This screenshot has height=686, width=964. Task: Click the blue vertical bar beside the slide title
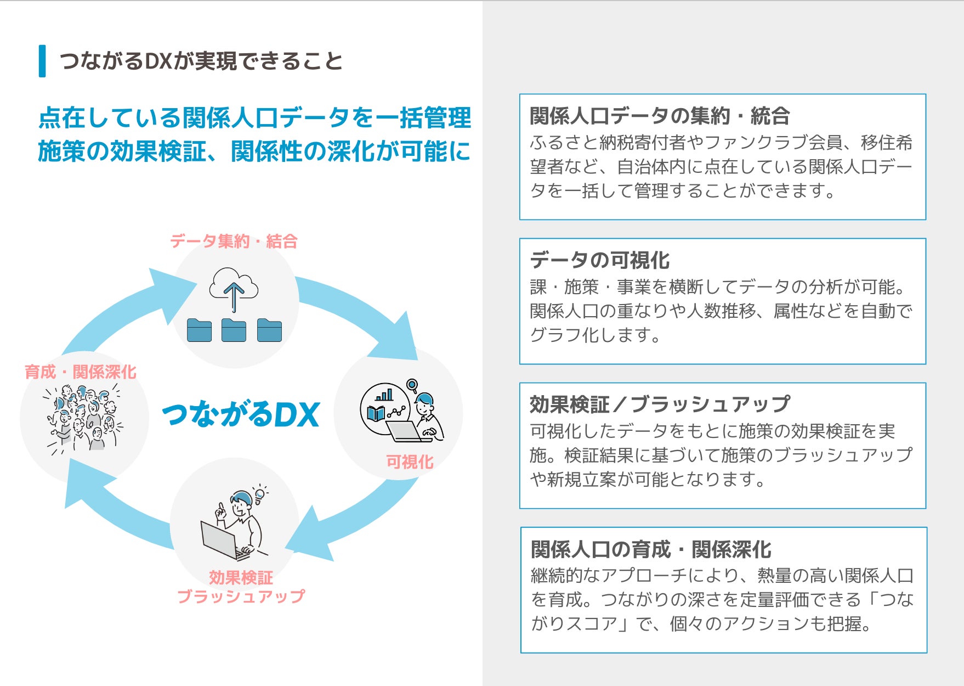(x=42, y=61)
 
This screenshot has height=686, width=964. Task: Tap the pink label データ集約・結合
(x=234, y=241)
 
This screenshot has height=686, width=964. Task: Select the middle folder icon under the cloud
(x=234, y=330)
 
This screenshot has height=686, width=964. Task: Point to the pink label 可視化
(x=410, y=462)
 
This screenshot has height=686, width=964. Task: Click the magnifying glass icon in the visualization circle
(x=412, y=386)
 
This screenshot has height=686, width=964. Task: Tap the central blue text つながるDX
(x=241, y=414)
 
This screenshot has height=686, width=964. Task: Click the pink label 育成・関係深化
(x=80, y=372)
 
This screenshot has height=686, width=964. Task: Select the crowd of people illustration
(x=83, y=418)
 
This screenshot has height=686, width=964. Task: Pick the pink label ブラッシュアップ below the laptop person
(x=241, y=596)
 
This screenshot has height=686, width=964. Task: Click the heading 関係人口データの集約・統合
(x=660, y=116)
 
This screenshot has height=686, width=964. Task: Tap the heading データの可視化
(x=599, y=260)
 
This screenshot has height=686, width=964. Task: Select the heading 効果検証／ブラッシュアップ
(x=660, y=404)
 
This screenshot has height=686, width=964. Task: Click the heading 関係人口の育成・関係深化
(x=650, y=549)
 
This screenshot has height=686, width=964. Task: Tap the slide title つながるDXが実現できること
(x=201, y=61)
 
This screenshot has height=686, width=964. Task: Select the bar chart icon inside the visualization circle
(x=384, y=395)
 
